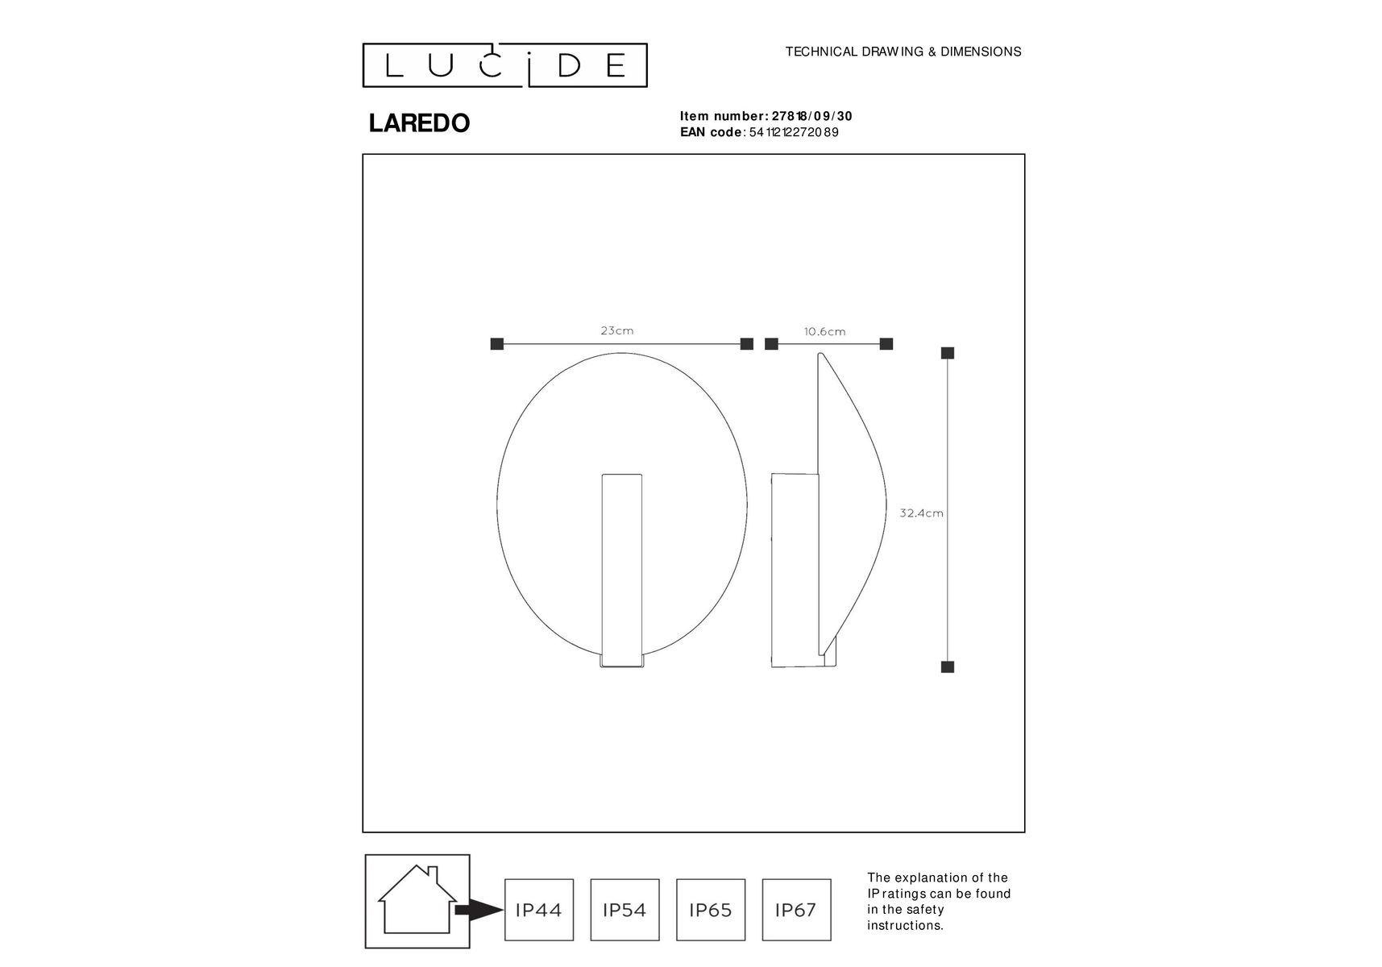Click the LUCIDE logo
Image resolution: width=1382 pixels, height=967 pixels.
(x=504, y=65)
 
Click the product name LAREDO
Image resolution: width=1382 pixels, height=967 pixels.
(x=419, y=123)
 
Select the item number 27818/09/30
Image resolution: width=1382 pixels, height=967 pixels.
(x=812, y=116)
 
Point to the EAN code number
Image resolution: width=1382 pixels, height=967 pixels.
(x=794, y=132)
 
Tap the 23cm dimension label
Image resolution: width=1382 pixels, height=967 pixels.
(x=617, y=330)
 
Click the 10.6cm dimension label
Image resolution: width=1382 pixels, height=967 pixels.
(x=825, y=331)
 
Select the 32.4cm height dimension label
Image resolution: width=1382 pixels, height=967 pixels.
(x=921, y=513)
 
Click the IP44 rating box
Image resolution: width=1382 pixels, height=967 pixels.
(x=539, y=910)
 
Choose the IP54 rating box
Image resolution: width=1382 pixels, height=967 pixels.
(x=625, y=910)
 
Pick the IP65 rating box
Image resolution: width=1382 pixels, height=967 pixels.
(x=711, y=910)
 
